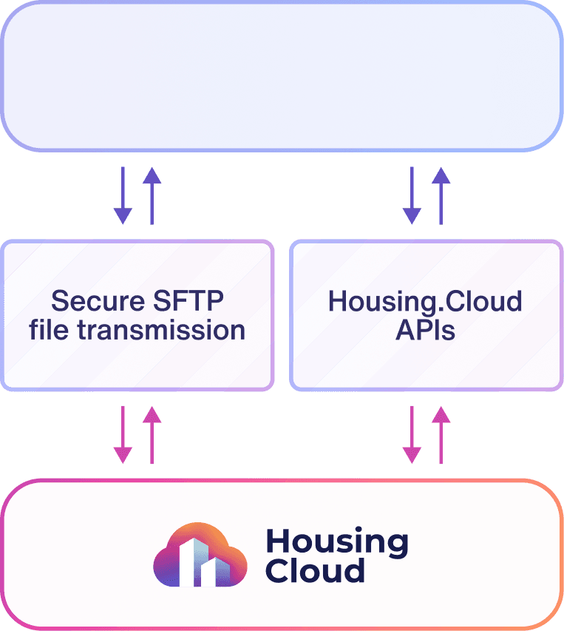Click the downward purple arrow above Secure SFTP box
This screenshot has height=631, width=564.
tap(123, 195)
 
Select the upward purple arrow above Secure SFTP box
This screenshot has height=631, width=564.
tap(152, 195)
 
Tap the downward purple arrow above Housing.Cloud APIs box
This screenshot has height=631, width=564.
tap(412, 195)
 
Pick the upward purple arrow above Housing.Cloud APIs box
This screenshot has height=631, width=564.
tap(441, 195)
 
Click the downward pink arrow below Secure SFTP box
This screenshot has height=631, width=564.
tap(123, 435)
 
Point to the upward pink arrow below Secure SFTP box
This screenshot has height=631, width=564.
tap(152, 435)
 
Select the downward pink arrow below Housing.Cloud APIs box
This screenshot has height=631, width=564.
tap(412, 435)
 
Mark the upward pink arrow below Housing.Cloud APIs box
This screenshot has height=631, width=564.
tap(441, 435)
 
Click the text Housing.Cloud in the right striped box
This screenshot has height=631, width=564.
tap(425, 301)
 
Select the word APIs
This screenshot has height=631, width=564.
tap(425, 329)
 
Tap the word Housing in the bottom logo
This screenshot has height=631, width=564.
tap(336, 542)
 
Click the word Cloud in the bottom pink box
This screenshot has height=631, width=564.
tap(315, 571)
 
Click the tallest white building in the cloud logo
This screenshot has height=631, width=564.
tap(191, 561)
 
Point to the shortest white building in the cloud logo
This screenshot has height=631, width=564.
tap(211, 571)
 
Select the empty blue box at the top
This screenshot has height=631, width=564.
tap(282, 76)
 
